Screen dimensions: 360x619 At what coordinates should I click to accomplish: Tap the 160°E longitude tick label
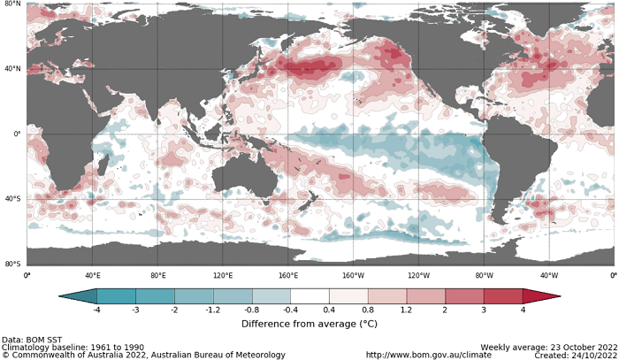pyautogui.click(x=287, y=275)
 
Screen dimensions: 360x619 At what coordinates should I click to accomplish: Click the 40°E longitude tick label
pyautogui.click(x=92, y=275)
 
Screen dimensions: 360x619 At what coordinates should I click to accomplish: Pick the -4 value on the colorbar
pyautogui.click(x=96, y=310)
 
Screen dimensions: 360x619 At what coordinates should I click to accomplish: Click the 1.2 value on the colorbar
pyautogui.click(x=406, y=310)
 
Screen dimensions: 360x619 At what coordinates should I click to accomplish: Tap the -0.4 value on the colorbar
pyautogui.click(x=290, y=310)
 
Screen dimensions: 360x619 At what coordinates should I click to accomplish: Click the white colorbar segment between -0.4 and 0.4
pyautogui.click(x=309, y=296)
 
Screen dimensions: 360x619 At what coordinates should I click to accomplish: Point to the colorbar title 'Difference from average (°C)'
pyautogui.click(x=309, y=324)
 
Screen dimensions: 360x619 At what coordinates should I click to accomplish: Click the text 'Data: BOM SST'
pyautogui.click(x=36, y=340)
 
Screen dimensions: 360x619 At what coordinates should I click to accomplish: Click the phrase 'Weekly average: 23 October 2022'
pyautogui.click(x=546, y=347)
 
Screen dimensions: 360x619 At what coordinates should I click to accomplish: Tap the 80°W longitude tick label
pyautogui.click(x=483, y=275)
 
